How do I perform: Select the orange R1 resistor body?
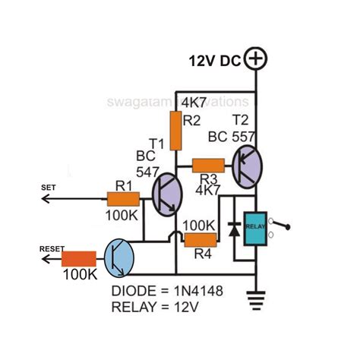(x=123, y=200)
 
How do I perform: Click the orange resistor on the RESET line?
(x=78, y=261)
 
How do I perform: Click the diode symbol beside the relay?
(x=232, y=229)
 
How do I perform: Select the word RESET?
(x=52, y=248)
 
